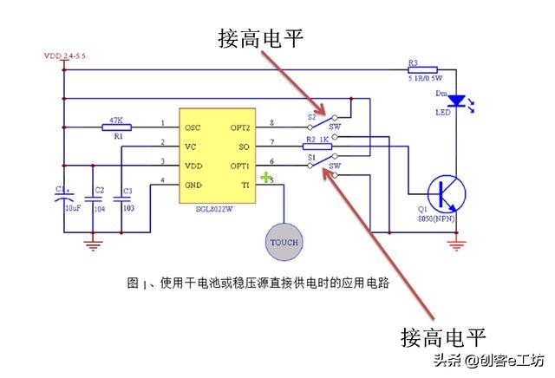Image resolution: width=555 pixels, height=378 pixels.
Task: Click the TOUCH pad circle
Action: coord(283,240)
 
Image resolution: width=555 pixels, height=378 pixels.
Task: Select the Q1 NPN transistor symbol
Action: coord(447,192)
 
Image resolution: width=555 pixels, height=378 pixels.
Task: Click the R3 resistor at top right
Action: coord(423,68)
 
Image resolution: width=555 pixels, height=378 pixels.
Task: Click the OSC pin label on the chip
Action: coord(193,127)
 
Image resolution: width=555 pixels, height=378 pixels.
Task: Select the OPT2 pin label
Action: coord(240,127)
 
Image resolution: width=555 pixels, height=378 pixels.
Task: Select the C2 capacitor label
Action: coord(99,190)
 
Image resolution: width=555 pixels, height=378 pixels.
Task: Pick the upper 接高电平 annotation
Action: coord(258,39)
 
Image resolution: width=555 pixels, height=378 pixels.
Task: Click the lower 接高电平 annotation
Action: coord(442,336)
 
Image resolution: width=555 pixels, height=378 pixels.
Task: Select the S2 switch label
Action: coord(310,115)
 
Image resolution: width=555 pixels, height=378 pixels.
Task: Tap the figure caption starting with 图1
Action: coord(257,283)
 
